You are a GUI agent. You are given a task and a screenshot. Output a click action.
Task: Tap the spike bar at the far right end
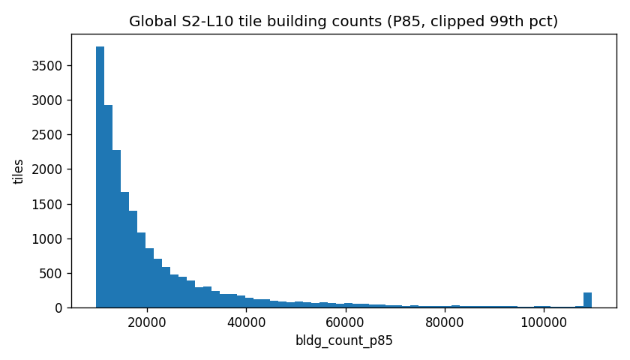click(587, 300)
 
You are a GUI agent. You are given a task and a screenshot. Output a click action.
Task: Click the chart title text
click(343, 22)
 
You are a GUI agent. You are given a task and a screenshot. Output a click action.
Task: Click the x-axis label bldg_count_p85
click(343, 340)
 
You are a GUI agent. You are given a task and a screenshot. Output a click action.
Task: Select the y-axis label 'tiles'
click(19, 171)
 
